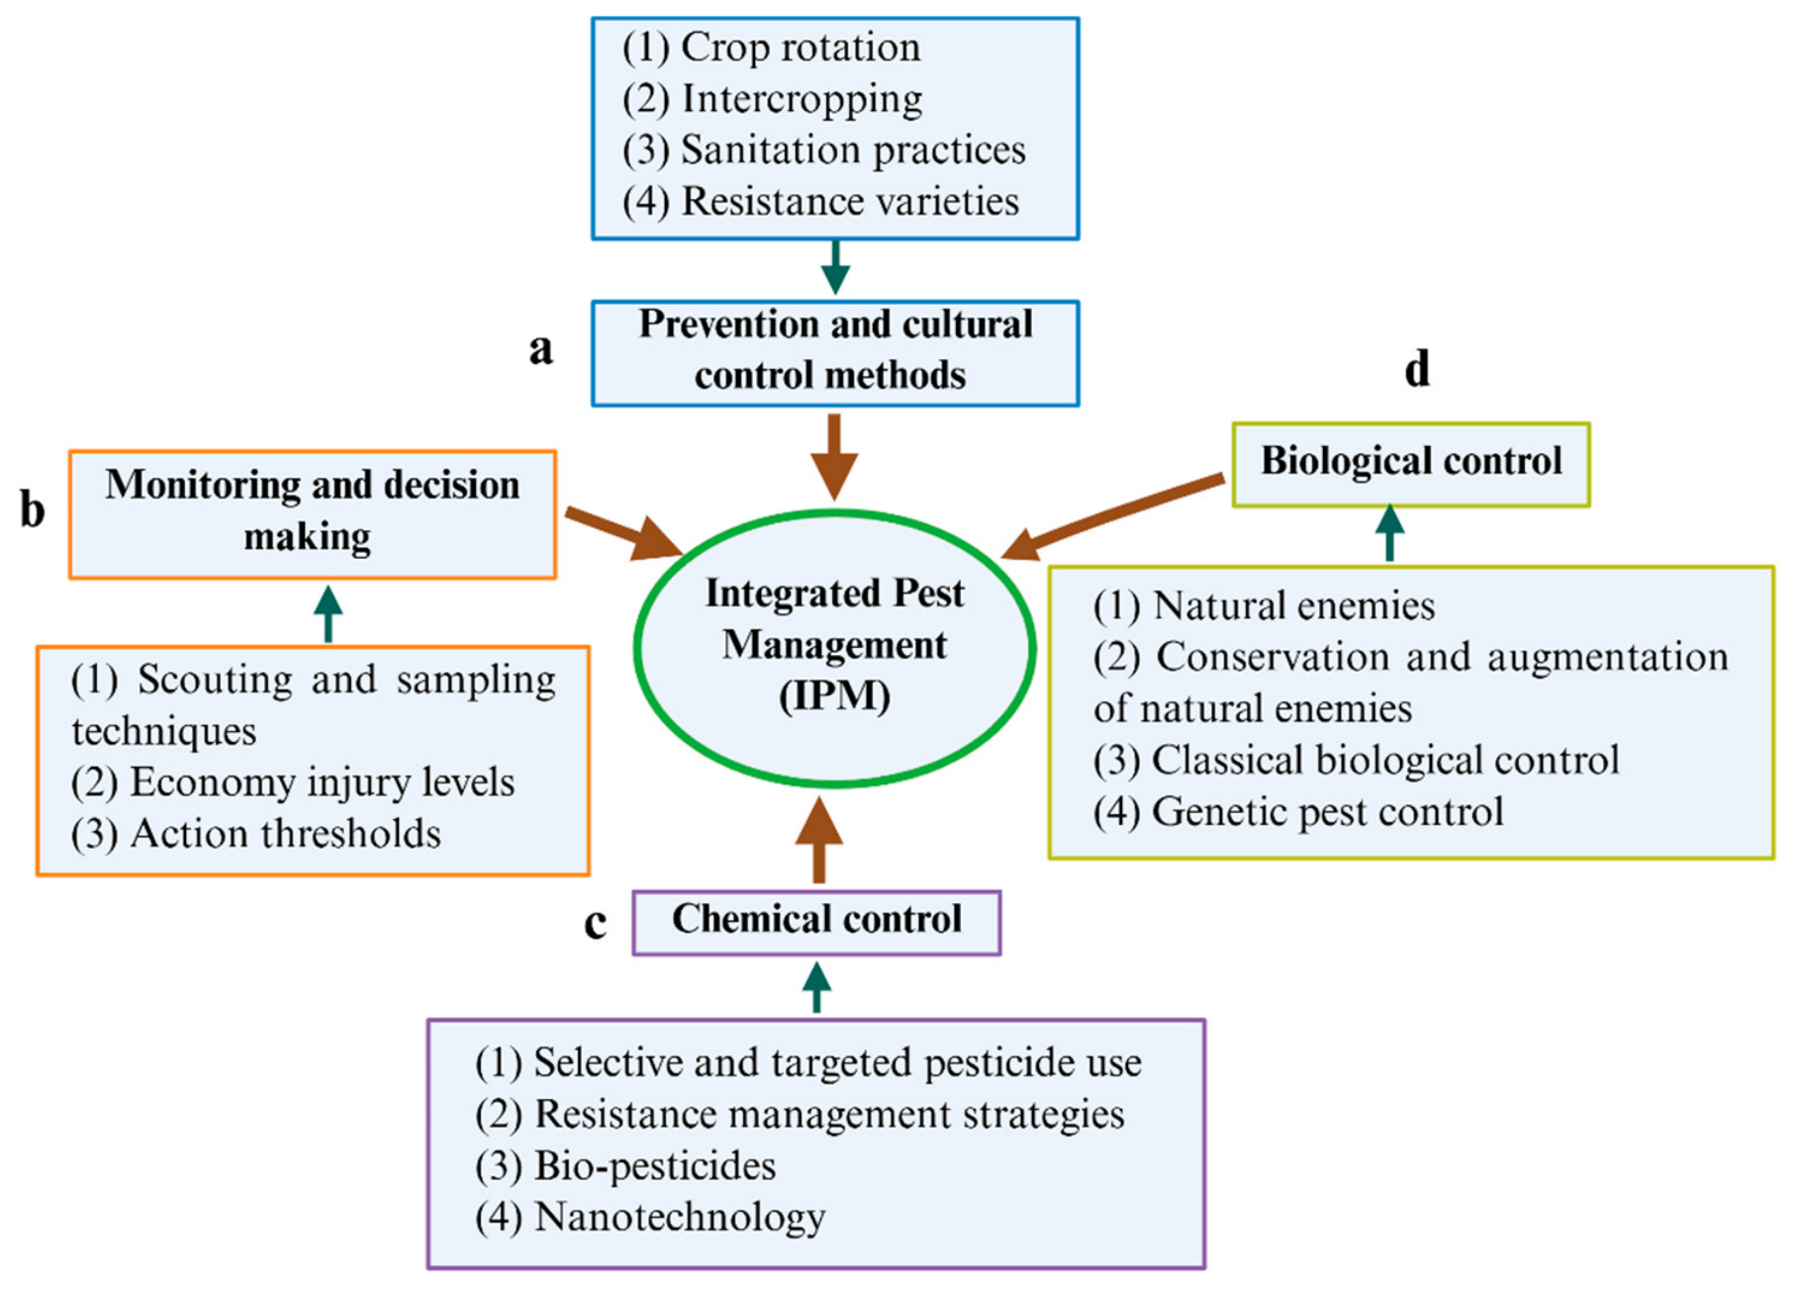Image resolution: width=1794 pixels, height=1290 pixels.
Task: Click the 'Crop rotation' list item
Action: [x=771, y=47]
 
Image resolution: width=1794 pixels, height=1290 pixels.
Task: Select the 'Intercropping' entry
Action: [x=772, y=99]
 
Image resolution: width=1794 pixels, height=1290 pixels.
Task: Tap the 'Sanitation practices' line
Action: [x=823, y=150]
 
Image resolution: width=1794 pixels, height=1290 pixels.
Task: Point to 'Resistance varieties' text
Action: [x=820, y=202]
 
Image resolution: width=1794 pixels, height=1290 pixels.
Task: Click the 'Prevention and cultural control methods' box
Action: [x=835, y=353]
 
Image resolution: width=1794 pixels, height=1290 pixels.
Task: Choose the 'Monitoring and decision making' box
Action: [x=313, y=514]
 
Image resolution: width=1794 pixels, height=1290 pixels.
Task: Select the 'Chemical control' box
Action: [x=816, y=922]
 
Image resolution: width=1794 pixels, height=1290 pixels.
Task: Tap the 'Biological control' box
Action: [x=1411, y=465]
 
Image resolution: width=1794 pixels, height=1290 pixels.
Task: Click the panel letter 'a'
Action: [x=540, y=349]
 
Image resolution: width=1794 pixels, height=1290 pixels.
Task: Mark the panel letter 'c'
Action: [x=595, y=923]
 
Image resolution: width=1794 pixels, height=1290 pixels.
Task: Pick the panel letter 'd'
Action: [x=1417, y=368]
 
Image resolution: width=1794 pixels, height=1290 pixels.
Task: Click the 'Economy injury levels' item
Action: [x=293, y=783]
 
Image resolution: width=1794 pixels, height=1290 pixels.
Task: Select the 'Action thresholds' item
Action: [x=255, y=834]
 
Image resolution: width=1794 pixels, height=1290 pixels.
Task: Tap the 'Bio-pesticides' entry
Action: [x=625, y=1166]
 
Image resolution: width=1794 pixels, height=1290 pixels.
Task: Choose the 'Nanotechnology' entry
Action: [x=650, y=1218]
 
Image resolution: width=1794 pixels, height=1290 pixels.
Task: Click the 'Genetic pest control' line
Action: [x=1298, y=812]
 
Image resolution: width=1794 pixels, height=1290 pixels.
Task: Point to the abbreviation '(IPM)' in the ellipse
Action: [x=834, y=696]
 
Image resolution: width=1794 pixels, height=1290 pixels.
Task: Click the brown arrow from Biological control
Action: [x=1113, y=516]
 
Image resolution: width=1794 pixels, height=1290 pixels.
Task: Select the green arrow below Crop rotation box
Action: [x=835, y=267]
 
